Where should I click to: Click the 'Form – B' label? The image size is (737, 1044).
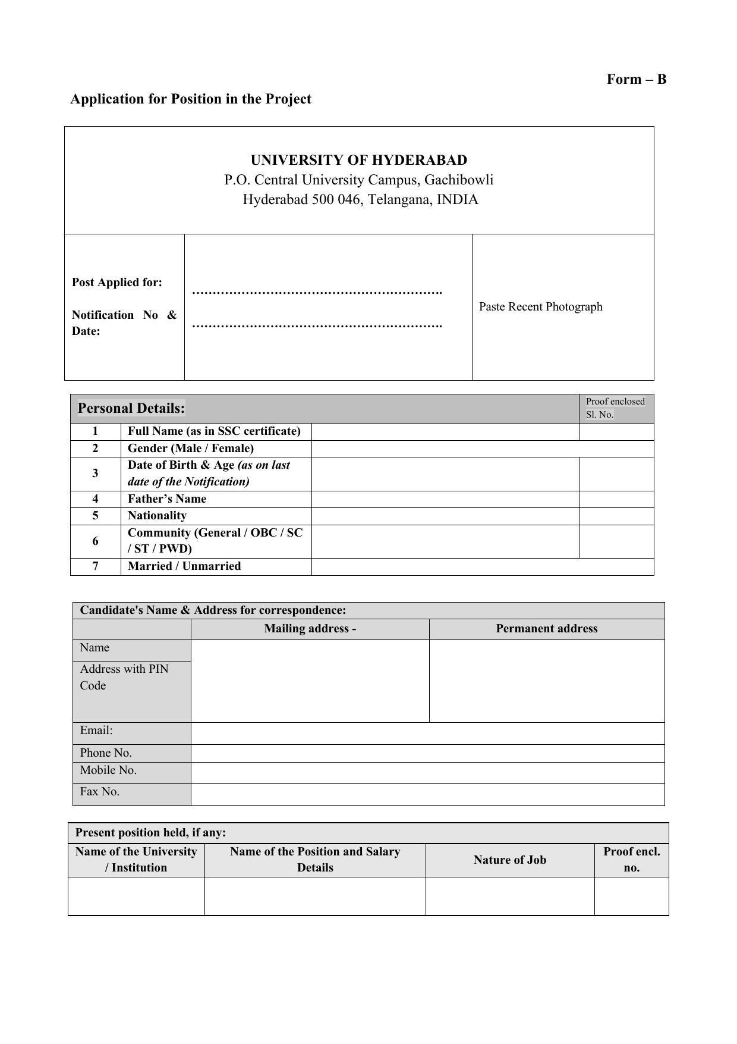click(636, 79)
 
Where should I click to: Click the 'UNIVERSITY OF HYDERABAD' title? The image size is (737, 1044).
click(358, 160)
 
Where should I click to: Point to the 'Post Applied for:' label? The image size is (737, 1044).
click(116, 282)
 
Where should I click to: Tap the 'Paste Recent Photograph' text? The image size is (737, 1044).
click(540, 306)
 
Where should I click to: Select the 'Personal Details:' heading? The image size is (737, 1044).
click(131, 408)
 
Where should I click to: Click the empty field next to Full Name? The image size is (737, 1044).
click(445, 431)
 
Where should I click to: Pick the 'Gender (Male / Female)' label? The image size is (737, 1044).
click(190, 448)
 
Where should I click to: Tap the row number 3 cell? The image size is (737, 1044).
click(95, 474)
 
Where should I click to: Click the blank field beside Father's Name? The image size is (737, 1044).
click(445, 499)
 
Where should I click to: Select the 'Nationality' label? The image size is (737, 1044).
click(157, 515)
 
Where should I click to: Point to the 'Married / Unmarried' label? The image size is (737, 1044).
click(184, 566)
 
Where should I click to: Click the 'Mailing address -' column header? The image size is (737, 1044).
click(310, 629)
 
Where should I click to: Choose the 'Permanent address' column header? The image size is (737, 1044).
click(546, 629)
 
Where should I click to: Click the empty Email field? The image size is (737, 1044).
click(427, 733)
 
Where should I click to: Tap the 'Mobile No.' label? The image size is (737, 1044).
click(108, 770)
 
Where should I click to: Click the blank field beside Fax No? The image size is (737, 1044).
click(427, 794)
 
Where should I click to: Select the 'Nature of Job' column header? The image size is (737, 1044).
click(509, 860)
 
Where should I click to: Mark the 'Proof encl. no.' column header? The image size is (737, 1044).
click(631, 860)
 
